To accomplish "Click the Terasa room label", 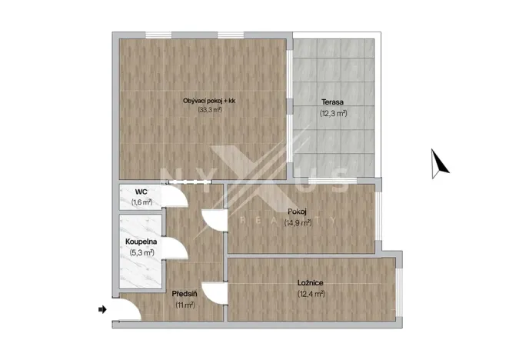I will click(x=332, y=102).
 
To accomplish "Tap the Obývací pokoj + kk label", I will click(x=209, y=101).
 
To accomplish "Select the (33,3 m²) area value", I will click(x=209, y=110).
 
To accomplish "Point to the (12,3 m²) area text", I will click(x=332, y=113).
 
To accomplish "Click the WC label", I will click(x=141, y=192).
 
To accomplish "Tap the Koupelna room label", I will click(x=141, y=242).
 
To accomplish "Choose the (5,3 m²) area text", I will click(x=141, y=252).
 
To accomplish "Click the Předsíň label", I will click(x=185, y=294).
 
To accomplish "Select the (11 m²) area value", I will click(x=185, y=304).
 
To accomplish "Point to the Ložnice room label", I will click(x=311, y=282).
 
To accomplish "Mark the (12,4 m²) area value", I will click(x=311, y=293).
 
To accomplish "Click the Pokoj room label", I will click(x=297, y=212).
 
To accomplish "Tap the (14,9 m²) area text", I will click(x=297, y=222).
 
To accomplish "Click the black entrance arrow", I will click(x=102, y=309).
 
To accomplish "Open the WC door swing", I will click(x=177, y=198).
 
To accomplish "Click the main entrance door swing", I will click(x=128, y=309).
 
